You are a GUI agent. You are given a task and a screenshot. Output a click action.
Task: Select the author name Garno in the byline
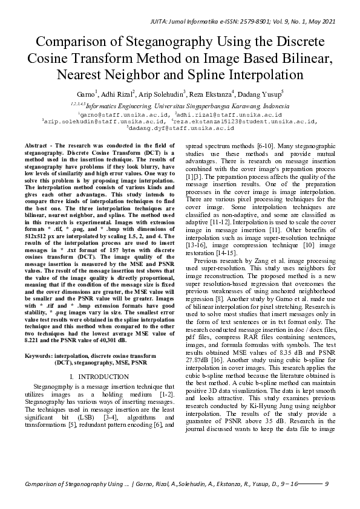coord(85,94)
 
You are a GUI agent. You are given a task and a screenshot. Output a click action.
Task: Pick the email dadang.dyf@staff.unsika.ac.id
coord(180,128)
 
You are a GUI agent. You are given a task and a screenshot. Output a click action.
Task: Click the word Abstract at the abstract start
coord(38,147)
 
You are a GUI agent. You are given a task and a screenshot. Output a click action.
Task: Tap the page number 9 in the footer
coord(327,484)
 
